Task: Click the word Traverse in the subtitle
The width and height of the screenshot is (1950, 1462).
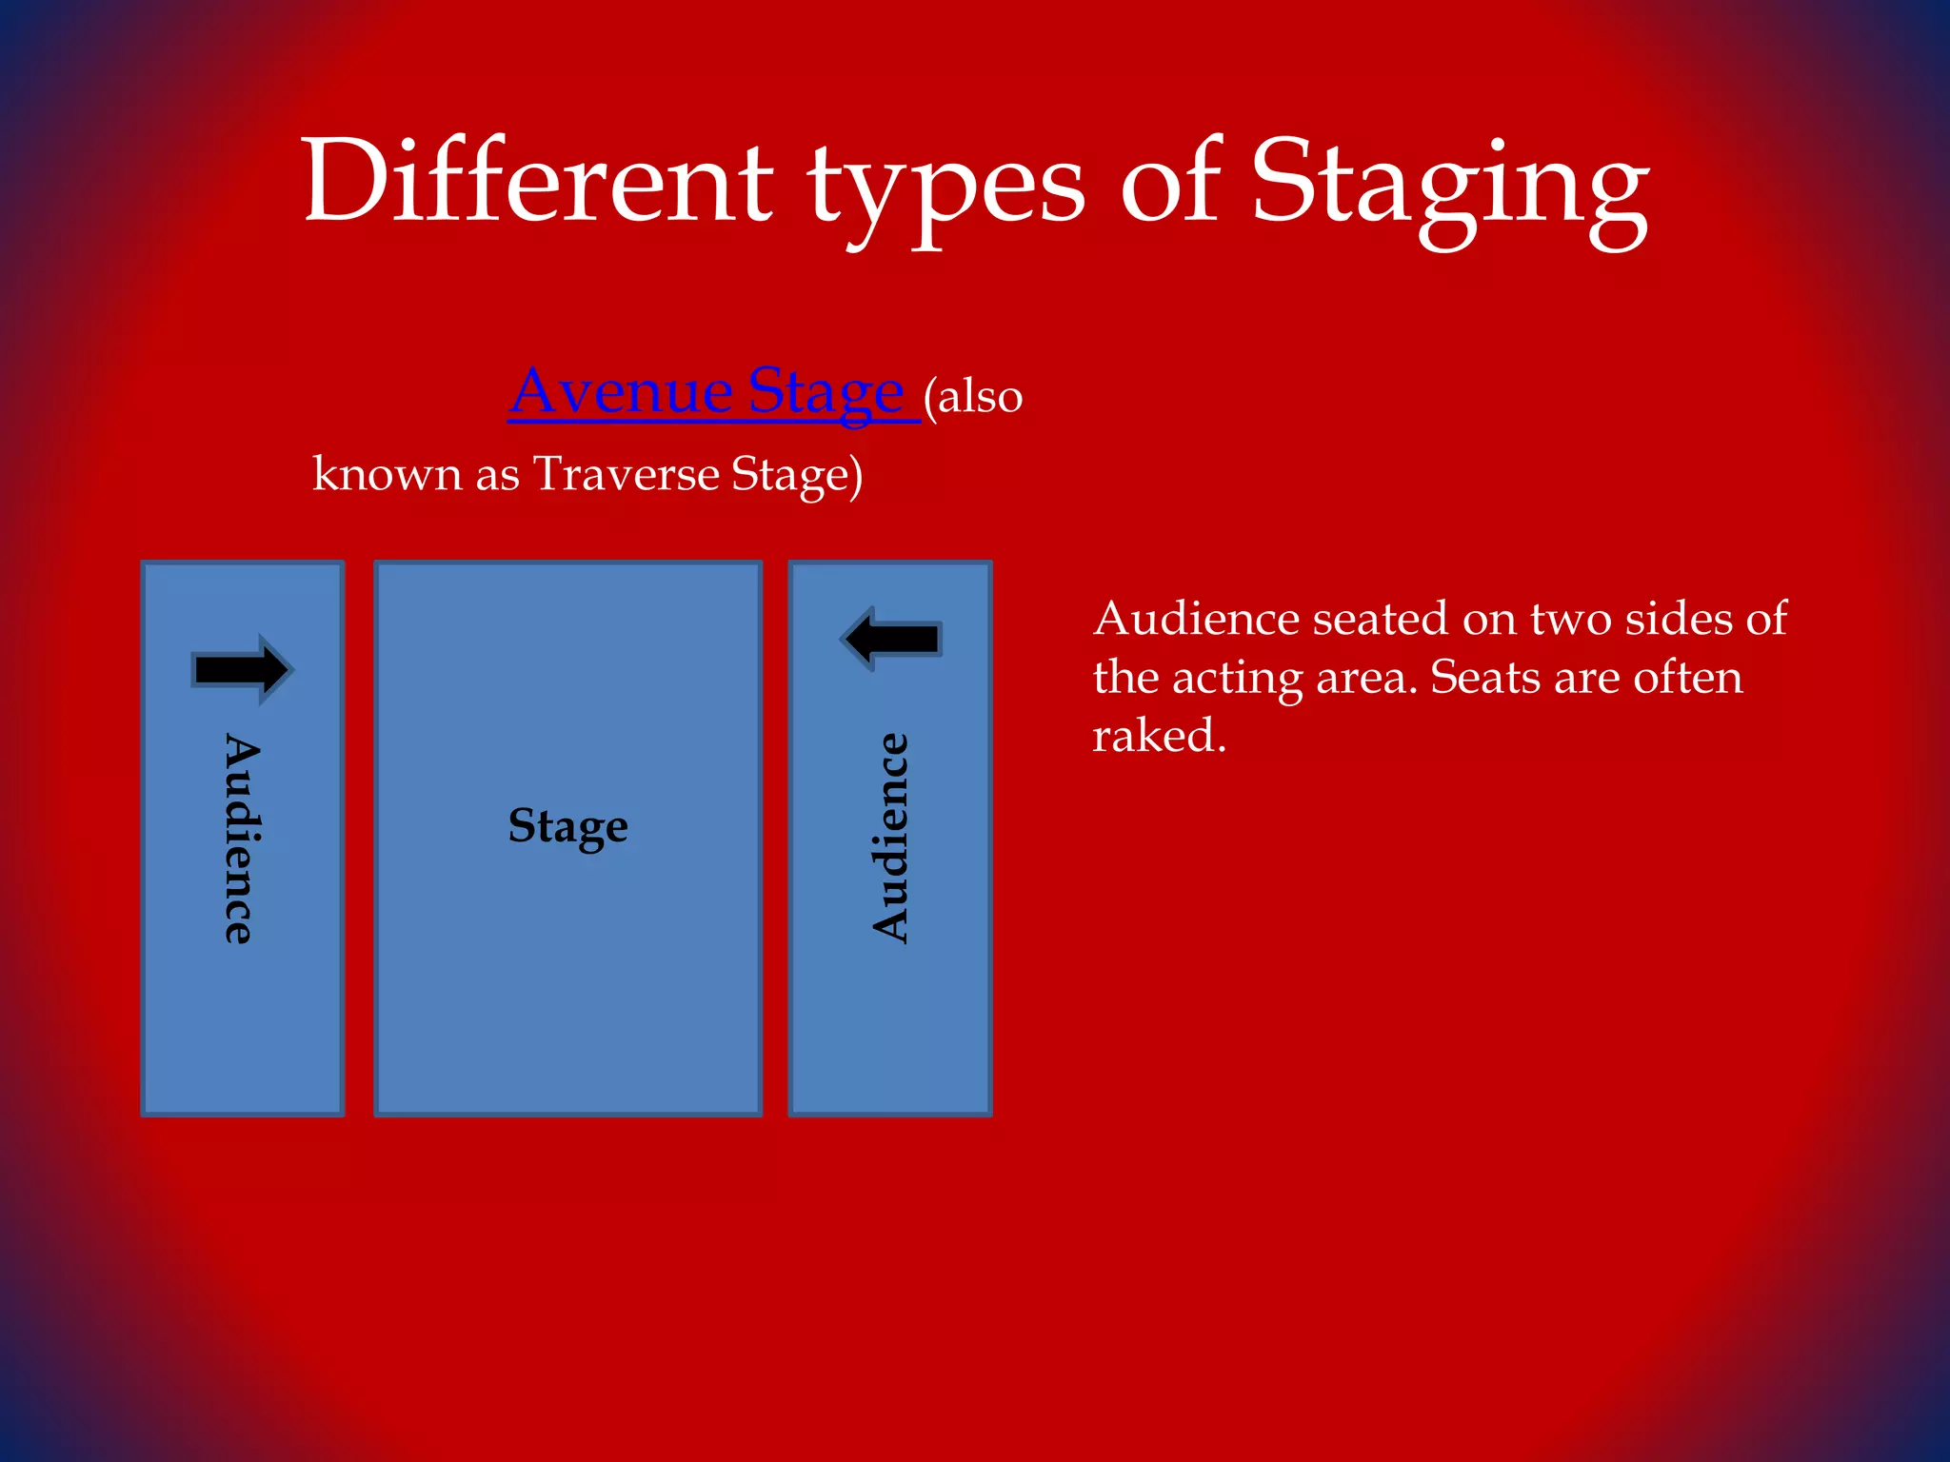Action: (626, 473)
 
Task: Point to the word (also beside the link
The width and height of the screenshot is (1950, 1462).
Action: (973, 395)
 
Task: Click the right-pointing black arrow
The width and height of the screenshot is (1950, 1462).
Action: (243, 669)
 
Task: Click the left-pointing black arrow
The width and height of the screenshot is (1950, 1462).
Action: (891, 639)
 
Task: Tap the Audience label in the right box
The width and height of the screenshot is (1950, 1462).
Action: (891, 839)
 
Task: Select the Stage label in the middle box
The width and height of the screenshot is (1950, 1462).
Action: (568, 826)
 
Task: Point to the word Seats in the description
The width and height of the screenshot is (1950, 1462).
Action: (1485, 677)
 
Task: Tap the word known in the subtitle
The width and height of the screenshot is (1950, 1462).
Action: (387, 473)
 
